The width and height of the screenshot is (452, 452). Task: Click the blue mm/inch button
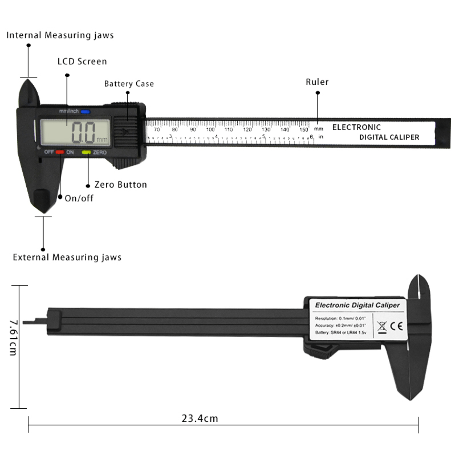85,111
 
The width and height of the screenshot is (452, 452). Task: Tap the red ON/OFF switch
60,152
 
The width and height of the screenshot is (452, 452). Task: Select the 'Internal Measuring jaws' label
60,35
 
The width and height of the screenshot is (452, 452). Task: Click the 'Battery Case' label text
129,84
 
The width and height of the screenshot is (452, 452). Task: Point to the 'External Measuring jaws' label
67,258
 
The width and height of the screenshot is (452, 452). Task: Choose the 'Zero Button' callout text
121,185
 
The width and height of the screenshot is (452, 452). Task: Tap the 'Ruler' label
317,82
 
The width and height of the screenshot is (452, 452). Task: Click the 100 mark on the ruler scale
210,130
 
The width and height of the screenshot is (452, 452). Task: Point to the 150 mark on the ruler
304,130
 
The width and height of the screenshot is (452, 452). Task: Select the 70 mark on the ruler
157,130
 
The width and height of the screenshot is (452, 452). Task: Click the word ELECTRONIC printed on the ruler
356,127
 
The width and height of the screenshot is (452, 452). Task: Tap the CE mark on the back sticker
396,326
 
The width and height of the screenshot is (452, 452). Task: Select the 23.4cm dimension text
200,418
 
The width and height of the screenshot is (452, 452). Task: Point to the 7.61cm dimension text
14,338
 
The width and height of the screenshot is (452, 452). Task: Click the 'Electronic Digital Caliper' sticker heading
357,305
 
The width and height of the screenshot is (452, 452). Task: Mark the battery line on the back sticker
341,333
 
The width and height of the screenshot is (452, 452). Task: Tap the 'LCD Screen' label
82,61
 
